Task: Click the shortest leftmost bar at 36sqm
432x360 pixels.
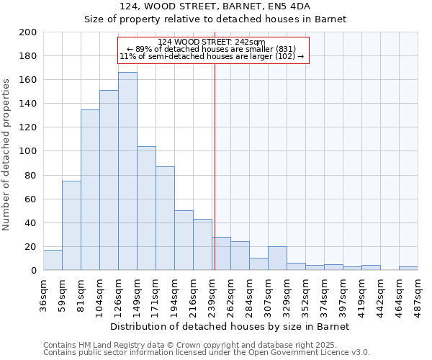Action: (53, 260)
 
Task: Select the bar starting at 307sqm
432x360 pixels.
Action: (277, 258)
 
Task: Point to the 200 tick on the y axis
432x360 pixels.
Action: (30, 32)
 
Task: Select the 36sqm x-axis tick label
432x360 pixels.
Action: (44, 292)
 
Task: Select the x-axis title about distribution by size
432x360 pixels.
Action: (230, 326)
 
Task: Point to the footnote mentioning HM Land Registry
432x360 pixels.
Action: (206, 345)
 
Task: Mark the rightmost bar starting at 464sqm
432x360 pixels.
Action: (408, 268)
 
